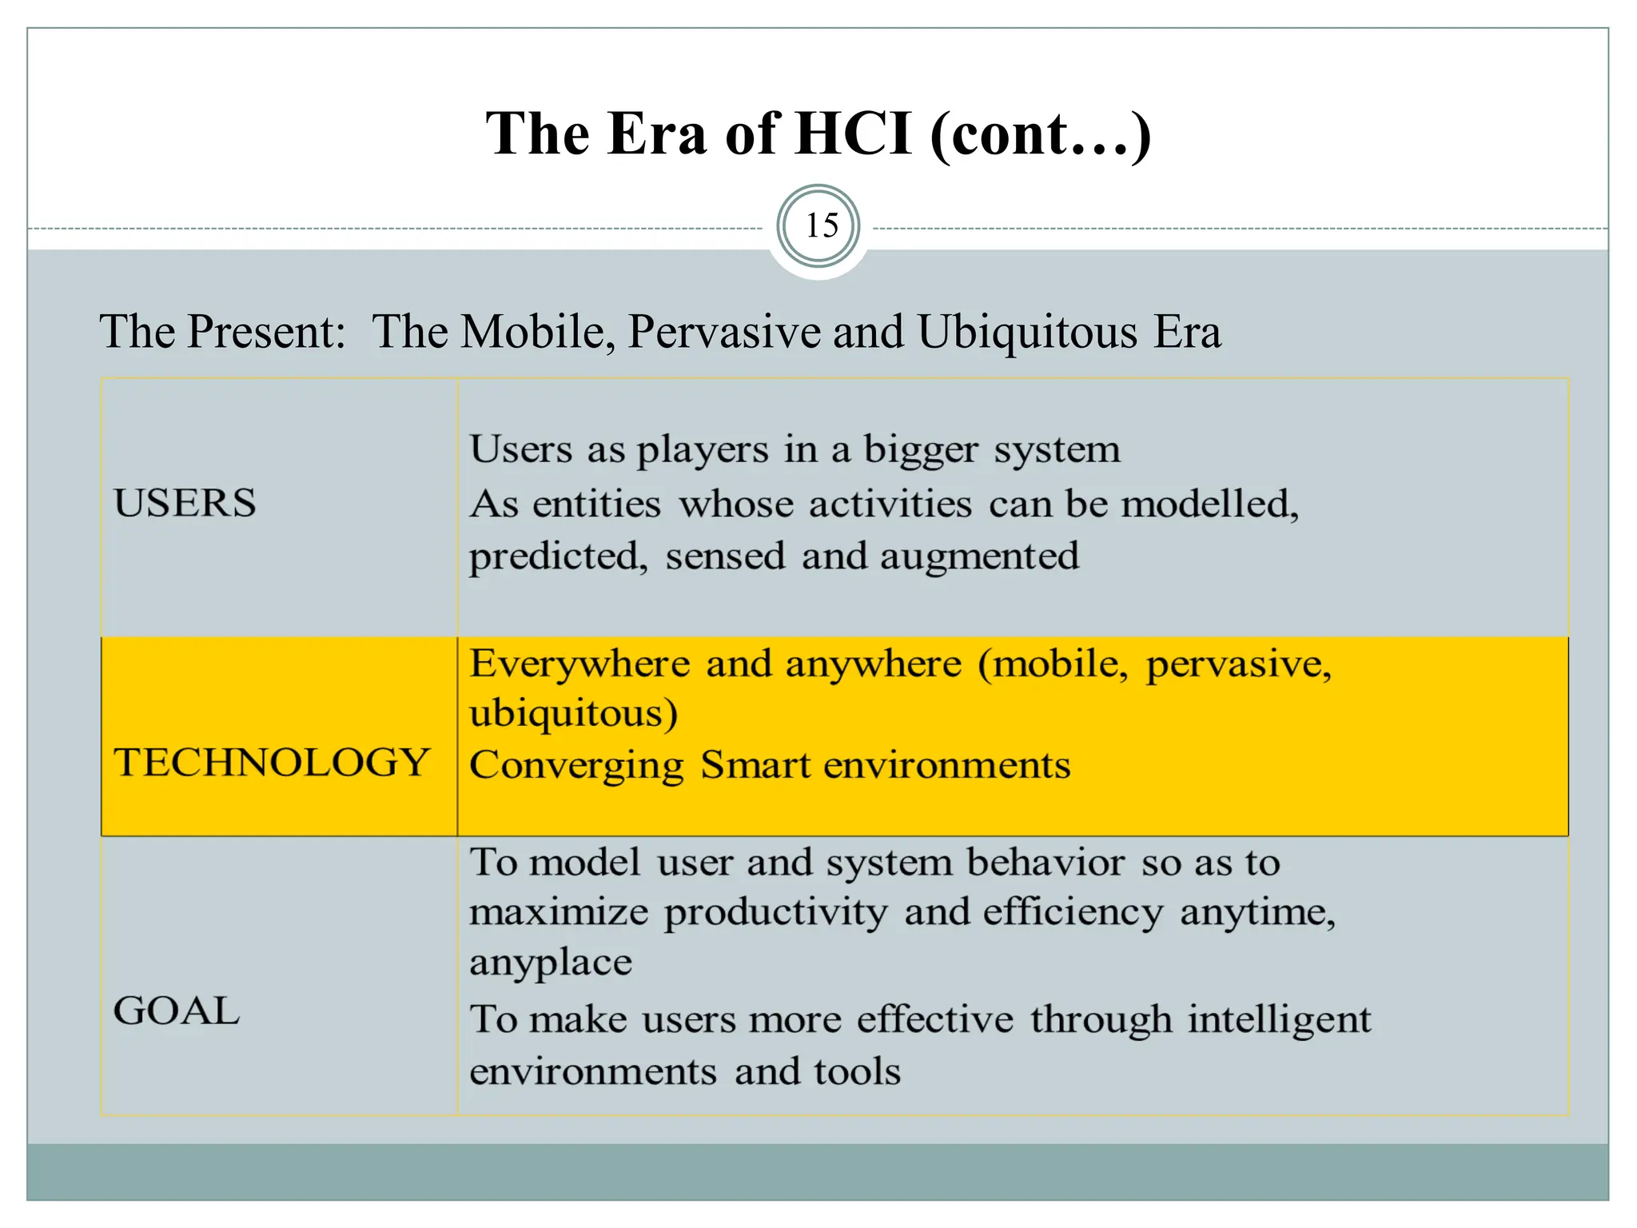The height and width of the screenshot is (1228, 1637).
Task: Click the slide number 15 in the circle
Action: pyautogui.click(x=821, y=226)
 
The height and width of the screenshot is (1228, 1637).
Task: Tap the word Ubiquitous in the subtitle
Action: pyautogui.click(x=1027, y=332)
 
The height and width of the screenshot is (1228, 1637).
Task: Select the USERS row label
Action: pyautogui.click(x=185, y=503)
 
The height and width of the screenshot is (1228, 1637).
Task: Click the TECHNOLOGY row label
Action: pyautogui.click(x=272, y=762)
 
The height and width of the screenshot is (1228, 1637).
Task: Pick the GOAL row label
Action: pyautogui.click(x=177, y=1011)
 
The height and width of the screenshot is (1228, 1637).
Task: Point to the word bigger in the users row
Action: pyautogui.click(x=920, y=450)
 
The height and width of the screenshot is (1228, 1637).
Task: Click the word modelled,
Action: pyautogui.click(x=1209, y=504)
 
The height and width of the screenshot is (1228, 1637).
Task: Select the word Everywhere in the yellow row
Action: pyautogui.click(x=580, y=664)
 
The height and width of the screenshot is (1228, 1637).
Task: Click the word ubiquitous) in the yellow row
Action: pyautogui.click(x=573, y=714)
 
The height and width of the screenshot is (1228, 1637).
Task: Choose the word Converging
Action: pyautogui.click(x=576, y=766)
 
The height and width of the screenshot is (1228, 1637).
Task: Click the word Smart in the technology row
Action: pyautogui.click(x=755, y=765)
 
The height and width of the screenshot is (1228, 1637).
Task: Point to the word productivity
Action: pyautogui.click(x=775, y=912)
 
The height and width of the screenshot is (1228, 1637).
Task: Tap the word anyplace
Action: pyautogui.click(x=550, y=963)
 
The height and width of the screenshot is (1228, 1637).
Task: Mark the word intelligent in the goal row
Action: pyautogui.click(x=1279, y=1020)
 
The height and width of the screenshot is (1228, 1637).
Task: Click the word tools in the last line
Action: pyautogui.click(x=857, y=1071)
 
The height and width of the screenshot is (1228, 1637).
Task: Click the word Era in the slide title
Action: pyautogui.click(x=657, y=134)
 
